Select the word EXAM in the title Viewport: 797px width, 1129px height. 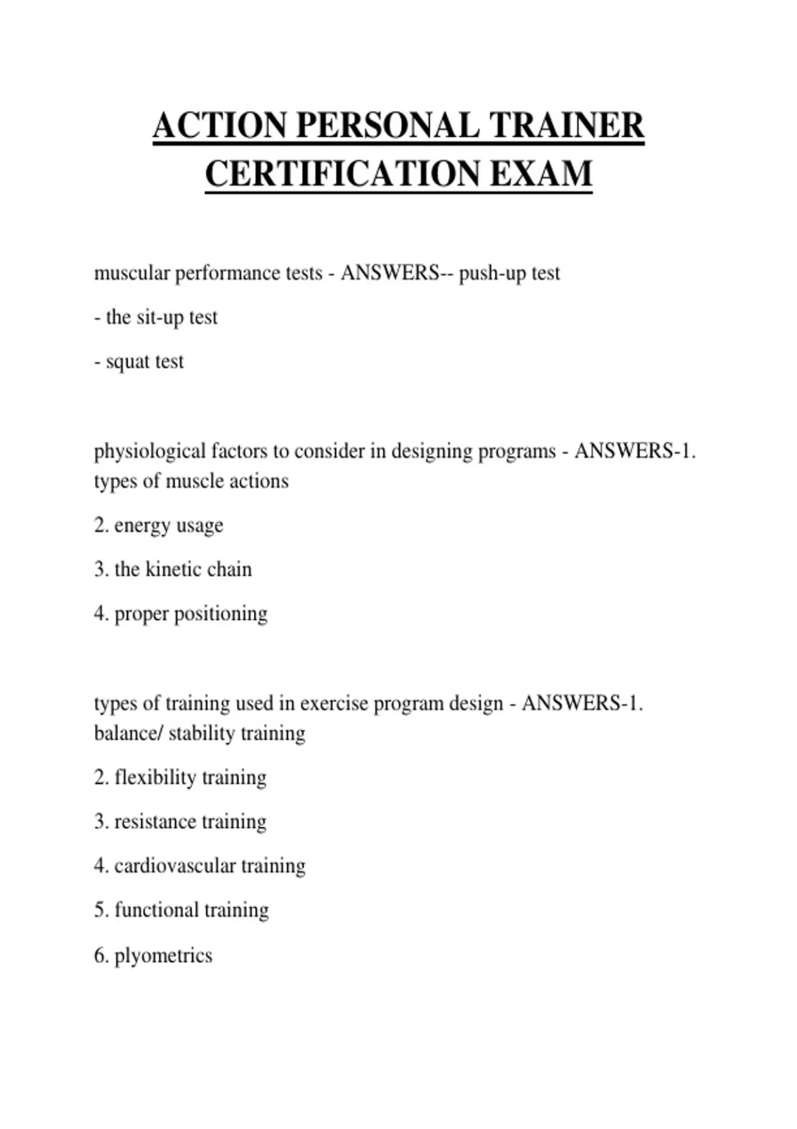pyautogui.click(x=541, y=174)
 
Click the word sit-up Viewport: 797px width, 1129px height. pyautogui.click(x=159, y=317)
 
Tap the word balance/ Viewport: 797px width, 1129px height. pyautogui.click(x=128, y=733)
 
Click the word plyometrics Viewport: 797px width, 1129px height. pyautogui.click(x=163, y=956)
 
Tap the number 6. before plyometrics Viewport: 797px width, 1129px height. pyautogui.click(x=101, y=955)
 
